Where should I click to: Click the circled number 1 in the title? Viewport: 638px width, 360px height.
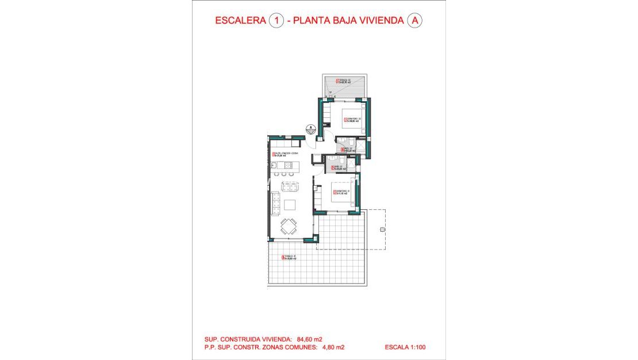(x=276, y=21)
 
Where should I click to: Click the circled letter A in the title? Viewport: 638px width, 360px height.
(x=414, y=21)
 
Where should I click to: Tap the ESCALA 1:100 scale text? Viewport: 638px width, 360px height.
(x=406, y=347)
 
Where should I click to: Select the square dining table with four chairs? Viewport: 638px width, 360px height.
(x=289, y=227)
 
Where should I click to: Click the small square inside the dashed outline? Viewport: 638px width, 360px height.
(x=381, y=229)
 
